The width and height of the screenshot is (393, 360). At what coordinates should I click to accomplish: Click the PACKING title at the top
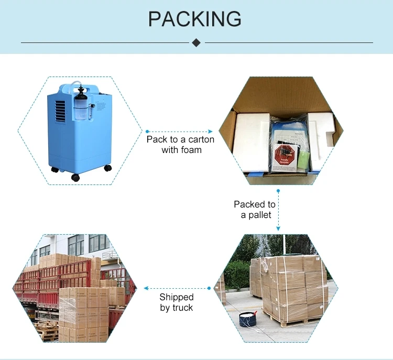[x=195, y=19]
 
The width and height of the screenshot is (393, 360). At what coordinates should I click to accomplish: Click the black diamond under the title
[x=196, y=42]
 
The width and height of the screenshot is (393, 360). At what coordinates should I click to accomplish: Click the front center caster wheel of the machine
[x=75, y=177]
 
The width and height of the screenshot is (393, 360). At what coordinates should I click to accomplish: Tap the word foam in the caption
[x=189, y=150]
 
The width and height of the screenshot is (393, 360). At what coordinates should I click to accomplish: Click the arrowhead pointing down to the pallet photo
[x=278, y=228]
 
